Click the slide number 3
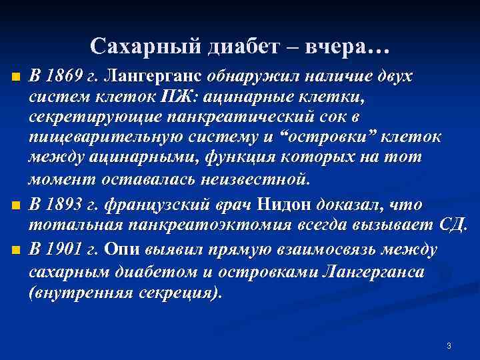449,345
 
